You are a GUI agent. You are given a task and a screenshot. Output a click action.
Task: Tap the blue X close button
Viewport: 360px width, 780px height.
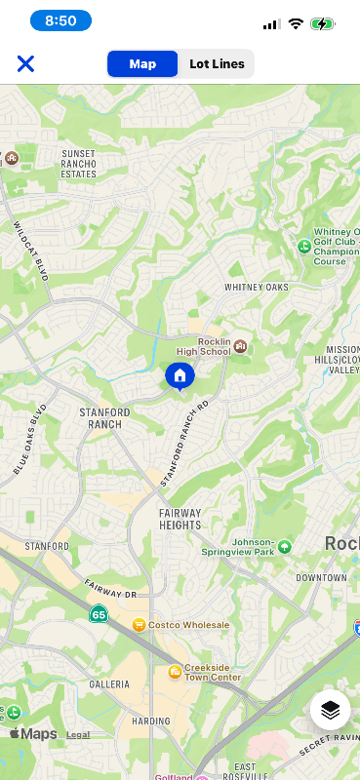pyautogui.click(x=25, y=63)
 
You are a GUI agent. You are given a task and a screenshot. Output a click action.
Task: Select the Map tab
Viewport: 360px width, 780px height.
pyautogui.click(x=142, y=63)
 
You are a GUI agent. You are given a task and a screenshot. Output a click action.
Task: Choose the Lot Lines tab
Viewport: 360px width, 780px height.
pyautogui.click(x=217, y=63)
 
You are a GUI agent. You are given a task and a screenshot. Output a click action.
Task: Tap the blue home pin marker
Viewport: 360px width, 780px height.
pyautogui.click(x=180, y=375)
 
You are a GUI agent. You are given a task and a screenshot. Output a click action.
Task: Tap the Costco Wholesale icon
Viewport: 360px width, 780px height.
pyautogui.click(x=139, y=624)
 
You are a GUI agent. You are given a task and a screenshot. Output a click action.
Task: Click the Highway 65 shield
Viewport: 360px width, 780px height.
pyautogui.click(x=99, y=614)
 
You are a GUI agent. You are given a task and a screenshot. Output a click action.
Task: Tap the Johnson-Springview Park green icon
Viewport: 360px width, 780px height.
pyautogui.click(x=284, y=547)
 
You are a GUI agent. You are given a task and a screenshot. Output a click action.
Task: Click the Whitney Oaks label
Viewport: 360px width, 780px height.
pyautogui.click(x=257, y=288)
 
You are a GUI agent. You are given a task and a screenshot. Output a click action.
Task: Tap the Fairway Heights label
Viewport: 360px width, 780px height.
pyautogui.click(x=180, y=519)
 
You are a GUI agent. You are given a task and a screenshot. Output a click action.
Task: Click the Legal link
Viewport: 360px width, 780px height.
pyautogui.click(x=78, y=735)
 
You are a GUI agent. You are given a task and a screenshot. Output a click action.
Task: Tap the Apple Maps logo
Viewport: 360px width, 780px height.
pyautogui.click(x=33, y=734)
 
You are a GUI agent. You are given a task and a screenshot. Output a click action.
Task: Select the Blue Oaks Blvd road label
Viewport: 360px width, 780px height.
pyautogui.click(x=30, y=440)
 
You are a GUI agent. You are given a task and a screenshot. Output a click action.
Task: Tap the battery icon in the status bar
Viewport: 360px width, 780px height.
pyautogui.click(x=323, y=23)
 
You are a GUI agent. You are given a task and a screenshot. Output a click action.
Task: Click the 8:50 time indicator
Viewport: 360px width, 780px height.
pyautogui.click(x=60, y=20)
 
